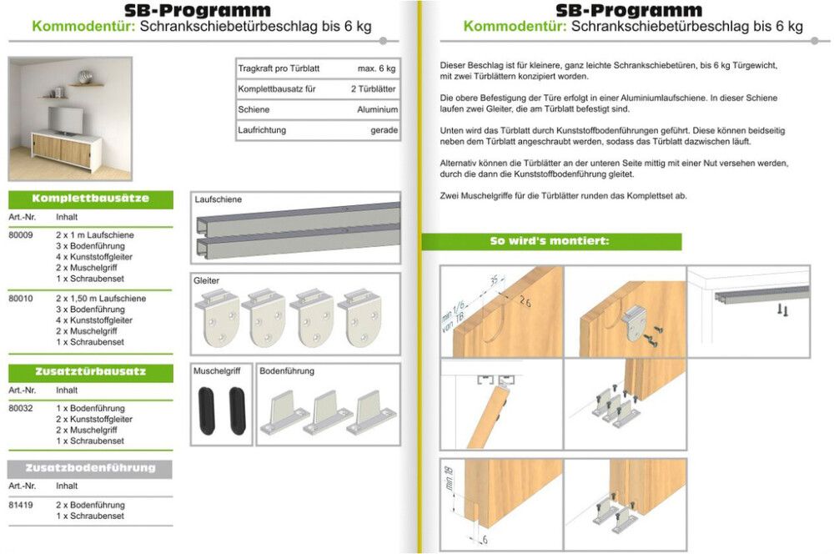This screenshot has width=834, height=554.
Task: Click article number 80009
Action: pyautogui.click(x=20, y=235)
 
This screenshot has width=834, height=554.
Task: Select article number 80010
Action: pyautogui.click(x=20, y=298)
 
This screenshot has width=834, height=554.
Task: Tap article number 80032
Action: pyautogui.click(x=20, y=408)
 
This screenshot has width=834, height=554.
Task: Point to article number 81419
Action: pyautogui.click(x=20, y=505)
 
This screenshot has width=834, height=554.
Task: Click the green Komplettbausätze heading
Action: pyautogui.click(x=90, y=199)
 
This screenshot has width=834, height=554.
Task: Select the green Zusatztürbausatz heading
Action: pyautogui.click(x=90, y=373)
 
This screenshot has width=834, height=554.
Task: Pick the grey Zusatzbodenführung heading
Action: pyautogui.click(x=90, y=469)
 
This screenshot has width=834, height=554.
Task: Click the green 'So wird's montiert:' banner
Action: pyautogui.click(x=550, y=242)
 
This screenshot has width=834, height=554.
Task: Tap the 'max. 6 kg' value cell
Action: pyautogui.click(x=376, y=68)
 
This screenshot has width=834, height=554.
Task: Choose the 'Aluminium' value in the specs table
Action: pyautogui.click(x=377, y=109)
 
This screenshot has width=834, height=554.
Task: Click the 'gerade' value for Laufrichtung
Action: pyautogui.click(x=384, y=130)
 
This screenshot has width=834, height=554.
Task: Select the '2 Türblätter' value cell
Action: pyautogui.click(x=373, y=88)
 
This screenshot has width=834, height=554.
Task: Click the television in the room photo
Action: pyautogui.click(x=65, y=120)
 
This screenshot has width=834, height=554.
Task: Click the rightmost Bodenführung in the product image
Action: pyautogui.click(x=373, y=412)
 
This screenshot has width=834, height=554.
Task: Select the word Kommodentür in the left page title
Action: pyautogui.click(x=83, y=26)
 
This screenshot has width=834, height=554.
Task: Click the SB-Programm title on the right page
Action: pyautogui.click(x=628, y=10)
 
